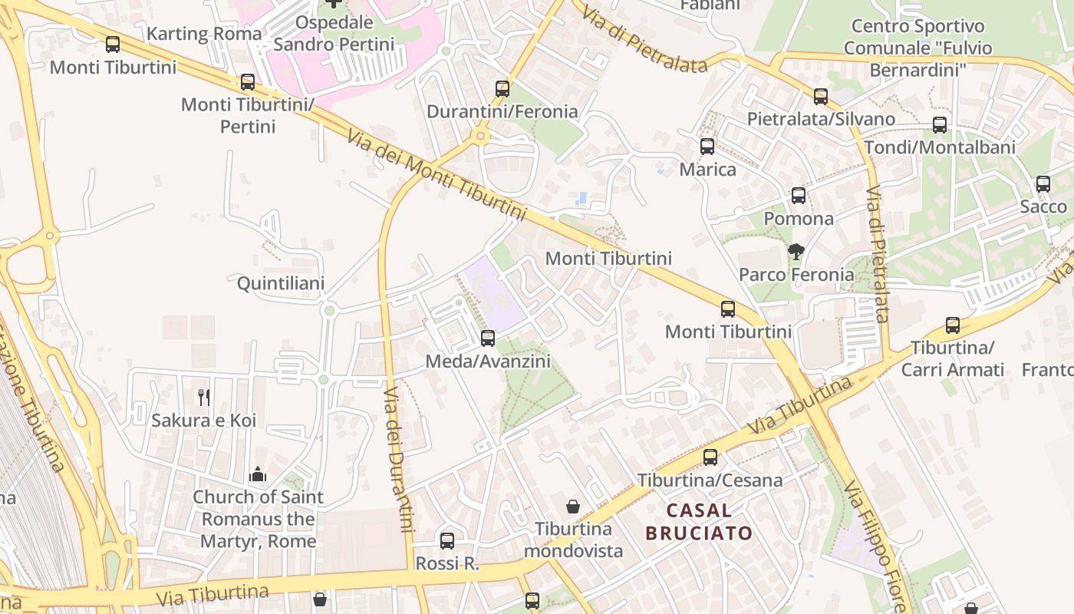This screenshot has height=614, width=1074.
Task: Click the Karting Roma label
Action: click(204, 34)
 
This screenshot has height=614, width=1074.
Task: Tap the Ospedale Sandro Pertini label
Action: click(334, 34)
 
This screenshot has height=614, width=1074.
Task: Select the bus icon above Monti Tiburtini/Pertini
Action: click(248, 82)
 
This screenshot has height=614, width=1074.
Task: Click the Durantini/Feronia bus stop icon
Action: click(502, 89)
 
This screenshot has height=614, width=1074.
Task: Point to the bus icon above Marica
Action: click(707, 147)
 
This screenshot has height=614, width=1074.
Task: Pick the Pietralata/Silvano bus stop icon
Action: click(821, 97)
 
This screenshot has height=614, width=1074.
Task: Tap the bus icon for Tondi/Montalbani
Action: click(940, 125)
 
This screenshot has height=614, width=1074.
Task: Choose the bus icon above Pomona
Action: click(799, 196)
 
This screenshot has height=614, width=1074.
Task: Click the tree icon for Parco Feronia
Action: click(796, 251)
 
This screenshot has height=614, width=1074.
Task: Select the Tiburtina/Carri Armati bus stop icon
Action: click(953, 325)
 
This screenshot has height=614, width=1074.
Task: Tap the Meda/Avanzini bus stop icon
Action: click(488, 338)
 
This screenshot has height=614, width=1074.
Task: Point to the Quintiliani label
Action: click(281, 283)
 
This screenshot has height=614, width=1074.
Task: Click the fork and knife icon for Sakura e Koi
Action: click(204, 397)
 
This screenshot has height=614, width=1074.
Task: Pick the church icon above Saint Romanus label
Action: click(258, 474)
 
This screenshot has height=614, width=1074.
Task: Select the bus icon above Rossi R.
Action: click(447, 541)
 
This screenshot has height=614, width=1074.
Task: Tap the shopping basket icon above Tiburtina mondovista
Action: click(573, 507)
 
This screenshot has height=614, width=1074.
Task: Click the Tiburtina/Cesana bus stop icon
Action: click(710, 457)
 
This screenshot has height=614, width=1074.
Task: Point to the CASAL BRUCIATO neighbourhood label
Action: click(699, 521)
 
